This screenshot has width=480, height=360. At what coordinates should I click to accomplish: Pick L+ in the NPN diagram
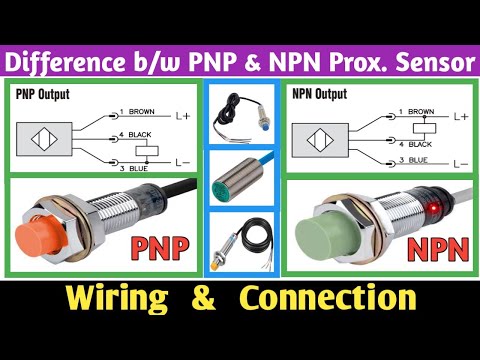coord(460,116)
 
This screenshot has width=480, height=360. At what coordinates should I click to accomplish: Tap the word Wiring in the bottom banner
coord(113,297)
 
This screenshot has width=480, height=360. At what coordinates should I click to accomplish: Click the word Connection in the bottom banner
coord(338,297)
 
